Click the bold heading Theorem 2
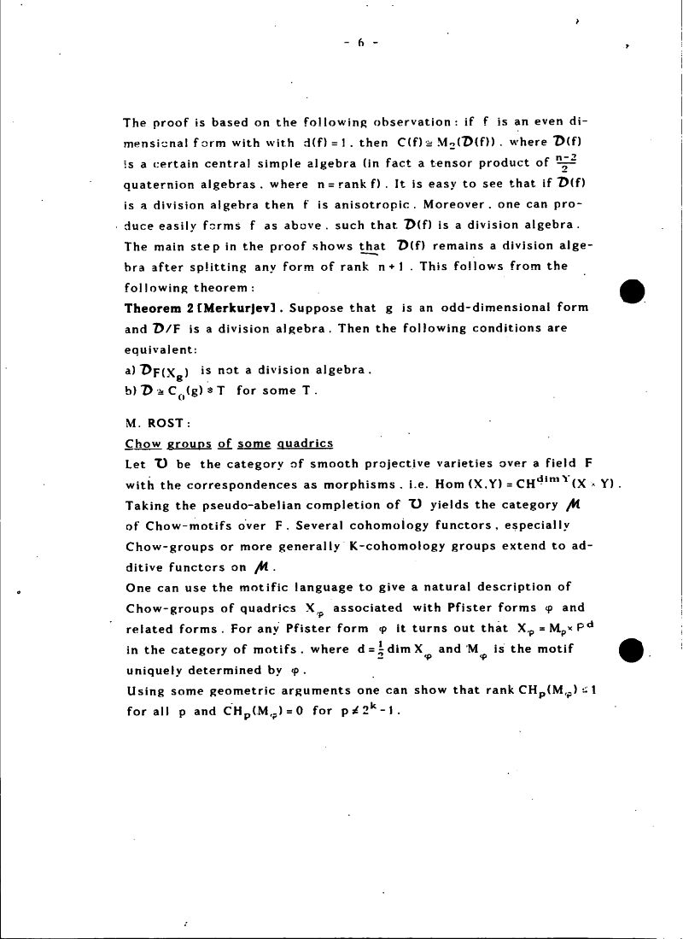pyautogui.click(x=161, y=308)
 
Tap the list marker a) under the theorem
pyautogui.click(x=130, y=370)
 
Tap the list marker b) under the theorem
pyautogui.click(x=130, y=390)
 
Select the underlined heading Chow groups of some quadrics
pyautogui.click(x=229, y=443)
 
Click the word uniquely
pyautogui.click(x=155, y=669)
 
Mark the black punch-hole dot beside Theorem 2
pyautogui.click(x=632, y=291)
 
